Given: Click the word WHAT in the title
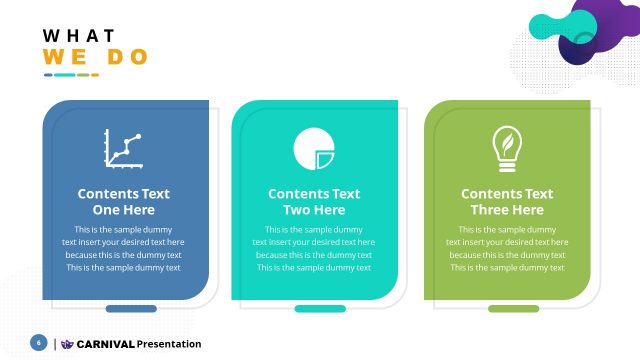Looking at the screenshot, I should (x=79, y=35).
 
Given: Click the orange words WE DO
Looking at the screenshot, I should (x=95, y=57).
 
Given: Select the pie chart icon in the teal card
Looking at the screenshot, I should (x=313, y=150).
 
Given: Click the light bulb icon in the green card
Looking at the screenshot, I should (x=507, y=148).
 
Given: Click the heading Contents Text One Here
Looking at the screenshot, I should (x=124, y=202).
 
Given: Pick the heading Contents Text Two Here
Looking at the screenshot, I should (x=314, y=202).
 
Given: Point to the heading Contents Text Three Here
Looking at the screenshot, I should (x=507, y=202).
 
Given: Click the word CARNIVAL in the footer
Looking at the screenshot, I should (x=105, y=344).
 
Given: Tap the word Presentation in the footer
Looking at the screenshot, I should (x=169, y=344).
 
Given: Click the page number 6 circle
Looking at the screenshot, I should (x=39, y=343).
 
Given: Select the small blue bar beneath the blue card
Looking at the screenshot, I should (x=131, y=309).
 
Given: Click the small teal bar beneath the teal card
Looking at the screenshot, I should (x=320, y=309).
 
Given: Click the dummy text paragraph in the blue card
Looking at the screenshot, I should (x=124, y=248).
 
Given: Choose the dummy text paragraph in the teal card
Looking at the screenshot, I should (x=314, y=248).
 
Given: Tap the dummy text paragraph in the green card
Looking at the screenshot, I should (x=507, y=248).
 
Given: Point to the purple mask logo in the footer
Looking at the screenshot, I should (x=67, y=344).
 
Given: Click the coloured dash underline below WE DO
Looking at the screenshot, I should (x=71, y=75).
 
